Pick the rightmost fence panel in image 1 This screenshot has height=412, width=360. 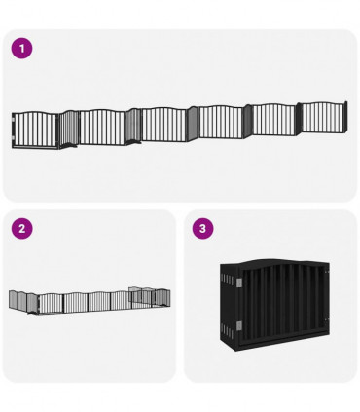pos(324,117)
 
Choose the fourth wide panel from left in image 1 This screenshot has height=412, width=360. pos(220,121)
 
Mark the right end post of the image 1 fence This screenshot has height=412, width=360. pos(345,116)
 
